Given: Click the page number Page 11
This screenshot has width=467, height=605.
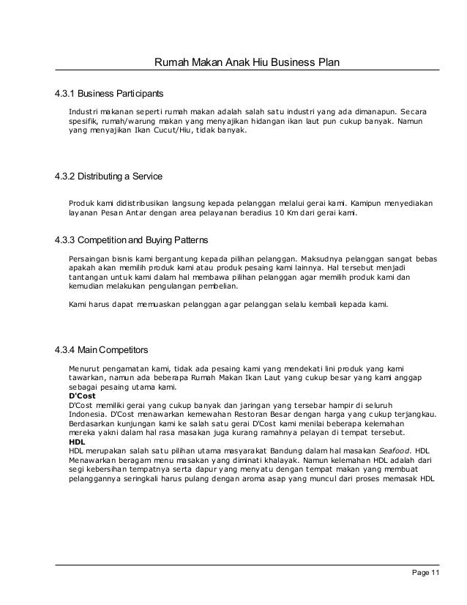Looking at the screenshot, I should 425,573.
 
